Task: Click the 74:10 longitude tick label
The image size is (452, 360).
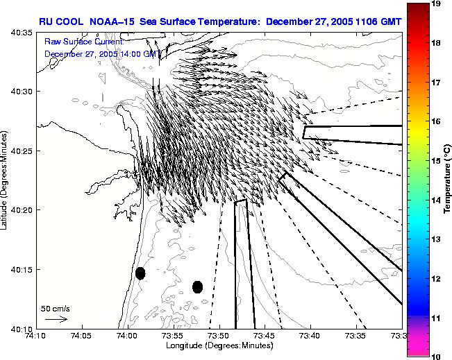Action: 35,336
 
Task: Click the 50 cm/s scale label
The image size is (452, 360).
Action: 55,308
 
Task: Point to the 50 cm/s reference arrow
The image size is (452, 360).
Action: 56,319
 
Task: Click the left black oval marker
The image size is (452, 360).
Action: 140,273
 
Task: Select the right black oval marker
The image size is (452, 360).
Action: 197,286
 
